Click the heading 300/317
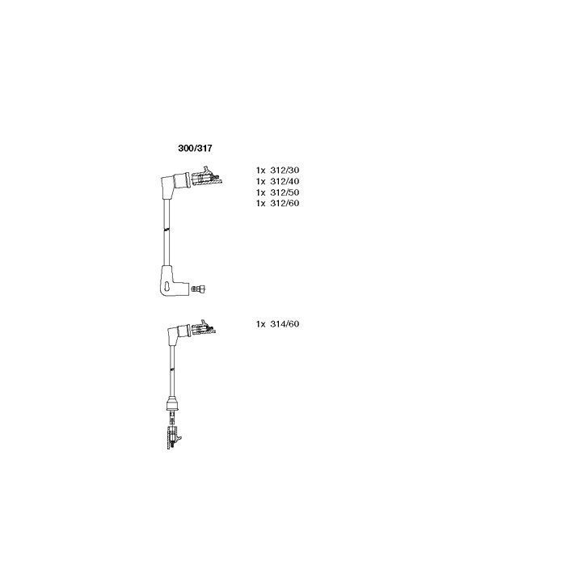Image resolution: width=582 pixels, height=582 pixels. tap(195, 149)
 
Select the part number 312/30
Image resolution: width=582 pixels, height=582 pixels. tap(285, 171)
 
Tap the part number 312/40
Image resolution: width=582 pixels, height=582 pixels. tap(285, 182)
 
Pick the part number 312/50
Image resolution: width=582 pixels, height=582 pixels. tap(285, 192)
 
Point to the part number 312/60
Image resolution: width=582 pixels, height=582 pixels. tap(285, 203)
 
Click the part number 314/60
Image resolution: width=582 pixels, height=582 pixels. tap(285, 324)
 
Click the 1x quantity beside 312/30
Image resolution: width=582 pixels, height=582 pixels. tap(260, 171)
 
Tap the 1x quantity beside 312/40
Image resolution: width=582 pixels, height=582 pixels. tap(260, 182)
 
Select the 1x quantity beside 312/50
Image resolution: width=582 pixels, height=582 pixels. tap(260, 192)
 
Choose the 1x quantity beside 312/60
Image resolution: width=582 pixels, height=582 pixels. tap(260, 203)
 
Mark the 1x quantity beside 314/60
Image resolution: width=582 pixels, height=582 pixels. tap(260, 324)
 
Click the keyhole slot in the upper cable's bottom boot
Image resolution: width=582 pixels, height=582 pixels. tap(167, 287)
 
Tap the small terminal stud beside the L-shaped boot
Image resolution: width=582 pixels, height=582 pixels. tap(199, 289)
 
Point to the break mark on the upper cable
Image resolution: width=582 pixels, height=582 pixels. tap(167, 230)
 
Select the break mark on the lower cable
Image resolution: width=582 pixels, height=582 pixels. tap(172, 369)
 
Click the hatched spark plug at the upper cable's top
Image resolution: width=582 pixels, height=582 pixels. tap(207, 176)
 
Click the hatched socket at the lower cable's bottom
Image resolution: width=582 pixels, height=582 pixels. tap(173, 438)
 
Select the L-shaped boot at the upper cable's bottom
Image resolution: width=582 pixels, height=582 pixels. tap(170, 281)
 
